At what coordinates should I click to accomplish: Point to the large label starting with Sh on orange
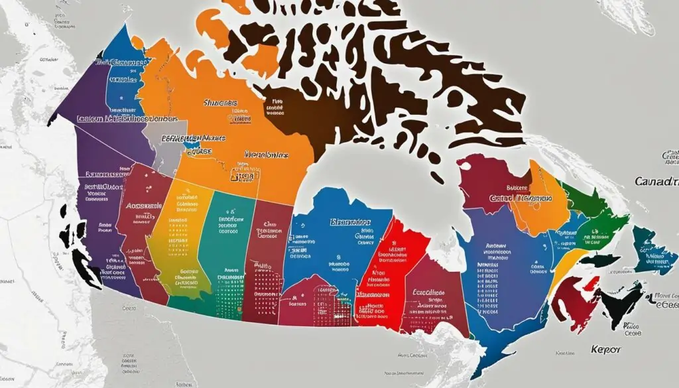(219, 103)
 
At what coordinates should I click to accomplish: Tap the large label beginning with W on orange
(266, 154)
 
